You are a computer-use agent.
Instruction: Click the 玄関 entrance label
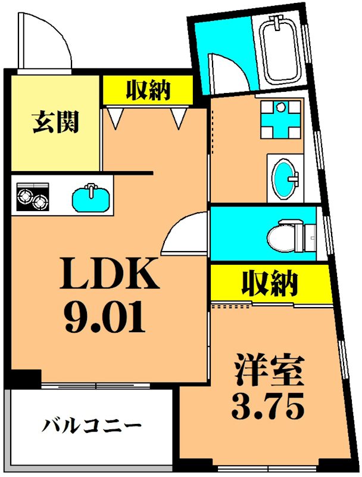click(x=55, y=123)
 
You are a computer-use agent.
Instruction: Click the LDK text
click(x=111, y=275)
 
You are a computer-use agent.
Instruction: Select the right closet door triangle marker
click(x=177, y=117)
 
